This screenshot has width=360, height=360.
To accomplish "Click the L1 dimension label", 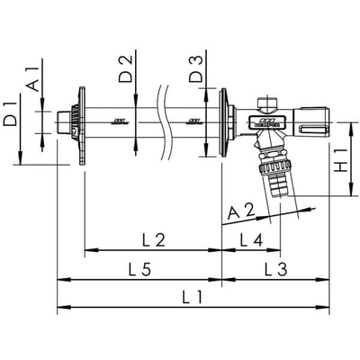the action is [193, 298].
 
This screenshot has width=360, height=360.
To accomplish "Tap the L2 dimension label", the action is [154, 240].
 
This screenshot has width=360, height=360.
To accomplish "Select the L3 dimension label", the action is [275, 269].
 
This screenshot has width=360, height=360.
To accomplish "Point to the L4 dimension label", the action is [251, 240].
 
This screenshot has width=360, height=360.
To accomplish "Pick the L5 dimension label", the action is [139, 269].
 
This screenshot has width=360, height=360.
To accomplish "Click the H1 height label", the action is [341, 160].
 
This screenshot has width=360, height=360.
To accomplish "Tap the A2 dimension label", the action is [241, 211].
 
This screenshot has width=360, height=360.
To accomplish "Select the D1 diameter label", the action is [10, 113].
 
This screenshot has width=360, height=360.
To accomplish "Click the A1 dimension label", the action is [33, 79].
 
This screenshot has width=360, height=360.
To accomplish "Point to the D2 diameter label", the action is [125, 69].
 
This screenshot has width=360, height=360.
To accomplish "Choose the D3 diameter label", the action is [196, 69].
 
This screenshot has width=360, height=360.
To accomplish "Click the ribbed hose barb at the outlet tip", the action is [279, 186].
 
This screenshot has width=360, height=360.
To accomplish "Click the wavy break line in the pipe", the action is [164, 122].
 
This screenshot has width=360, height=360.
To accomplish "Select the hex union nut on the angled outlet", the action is [275, 166].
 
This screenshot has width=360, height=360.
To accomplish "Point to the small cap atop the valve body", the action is [267, 103].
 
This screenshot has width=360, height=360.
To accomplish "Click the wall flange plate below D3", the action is [223, 122].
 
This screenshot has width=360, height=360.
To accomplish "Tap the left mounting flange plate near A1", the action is [82, 126].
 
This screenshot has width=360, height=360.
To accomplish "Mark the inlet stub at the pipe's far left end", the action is [63, 122].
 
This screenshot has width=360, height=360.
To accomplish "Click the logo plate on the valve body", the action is [265, 122].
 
